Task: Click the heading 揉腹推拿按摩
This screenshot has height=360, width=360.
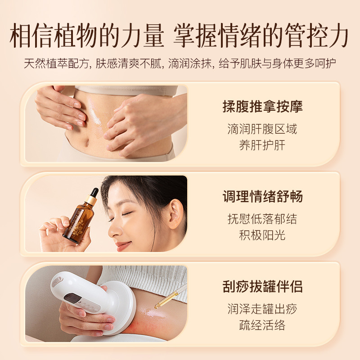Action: point(262,107)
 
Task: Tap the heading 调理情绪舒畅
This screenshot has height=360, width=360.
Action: point(262,197)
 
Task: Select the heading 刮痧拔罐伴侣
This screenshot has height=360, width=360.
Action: point(262,287)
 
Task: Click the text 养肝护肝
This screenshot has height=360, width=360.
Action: point(262,145)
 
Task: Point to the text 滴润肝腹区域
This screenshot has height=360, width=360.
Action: point(262,130)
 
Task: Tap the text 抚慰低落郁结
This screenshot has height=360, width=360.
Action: point(262,220)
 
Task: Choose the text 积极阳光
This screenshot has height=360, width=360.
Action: point(262,235)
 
